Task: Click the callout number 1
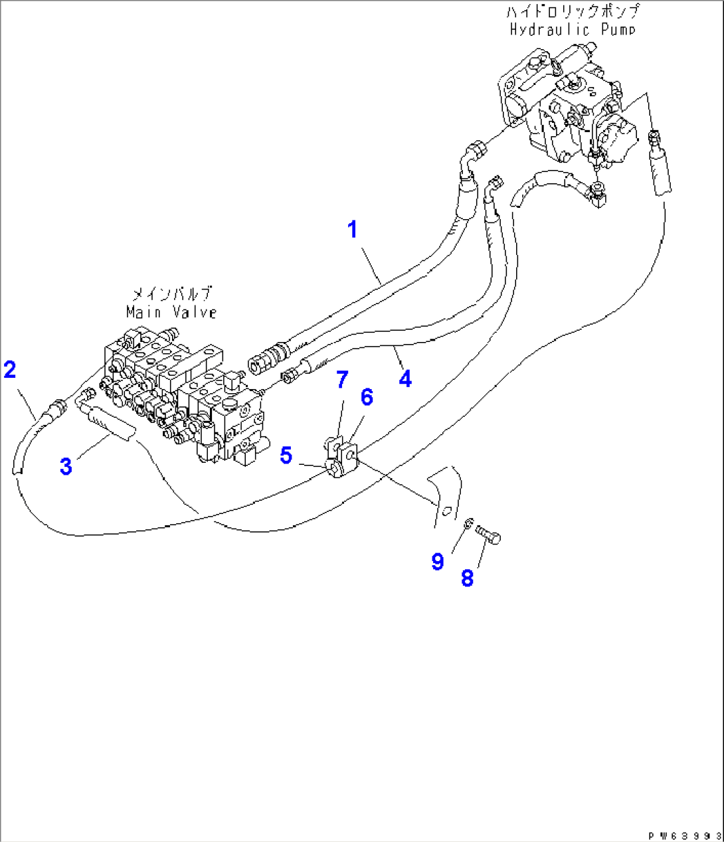[x=353, y=230]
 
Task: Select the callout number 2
[x=9, y=369]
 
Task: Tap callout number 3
[x=66, y=466]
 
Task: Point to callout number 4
[x=405, y=379]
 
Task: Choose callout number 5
[x=286, y=456]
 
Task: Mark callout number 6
[x=367, y=397]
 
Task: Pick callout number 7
[x=342, y=380]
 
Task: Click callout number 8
[x=468, y=578]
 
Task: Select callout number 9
[x=437, y=562]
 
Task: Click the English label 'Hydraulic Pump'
[x=573, y=29]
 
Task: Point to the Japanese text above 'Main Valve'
[x=171, y=293]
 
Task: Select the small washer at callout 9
[x=468, y=525]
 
